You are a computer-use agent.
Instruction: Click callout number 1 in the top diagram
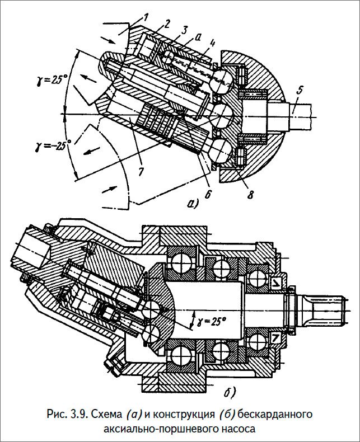point(145,18)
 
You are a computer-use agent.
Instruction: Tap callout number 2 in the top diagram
point(166,24)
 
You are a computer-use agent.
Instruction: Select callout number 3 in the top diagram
point(185,30)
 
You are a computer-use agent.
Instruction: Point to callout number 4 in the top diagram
point(212,44)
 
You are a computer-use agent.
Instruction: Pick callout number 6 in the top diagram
point(207,194)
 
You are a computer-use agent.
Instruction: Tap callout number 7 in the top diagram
point(141,171)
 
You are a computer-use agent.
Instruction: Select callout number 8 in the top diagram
point(250,194)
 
